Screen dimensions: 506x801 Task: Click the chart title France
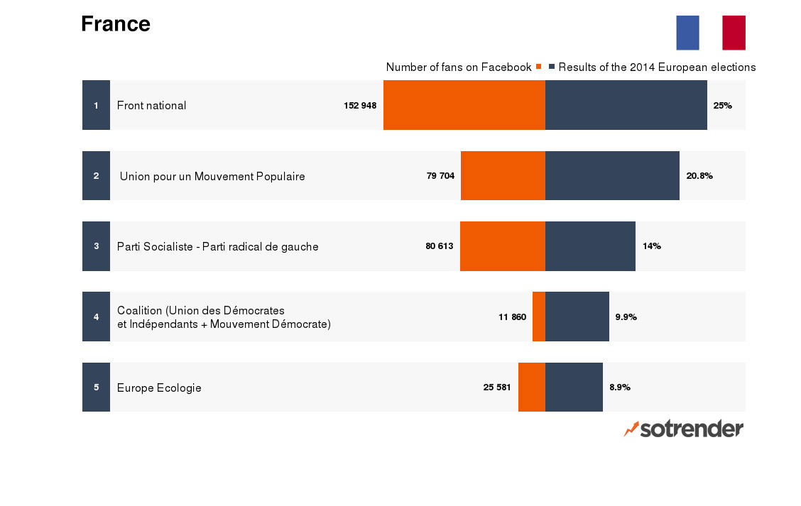pos(116,24)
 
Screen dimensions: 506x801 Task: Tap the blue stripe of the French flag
pos(687,33)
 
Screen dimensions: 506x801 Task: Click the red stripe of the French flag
pos(734,33)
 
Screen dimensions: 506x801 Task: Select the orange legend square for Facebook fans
pos(539,67)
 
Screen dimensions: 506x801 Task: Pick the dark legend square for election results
pos(552,67)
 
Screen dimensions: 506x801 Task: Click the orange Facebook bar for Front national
pos(464,105)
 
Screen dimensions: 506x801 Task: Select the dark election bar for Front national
pos(626,105)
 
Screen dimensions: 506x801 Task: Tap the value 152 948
pos(360,106)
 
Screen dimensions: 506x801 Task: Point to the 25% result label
pos(722,106)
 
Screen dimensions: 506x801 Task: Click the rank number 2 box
pos(96,175)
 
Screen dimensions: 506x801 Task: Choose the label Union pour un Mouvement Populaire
pos(212,176)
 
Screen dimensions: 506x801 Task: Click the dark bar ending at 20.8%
pos(612,175)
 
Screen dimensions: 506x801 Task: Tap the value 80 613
pos(440,246)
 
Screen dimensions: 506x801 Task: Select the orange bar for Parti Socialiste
pos(503,246)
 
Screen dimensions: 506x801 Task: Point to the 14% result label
pos(652,246)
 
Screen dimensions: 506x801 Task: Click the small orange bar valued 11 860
pos(539,317)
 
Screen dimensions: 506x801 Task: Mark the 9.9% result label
pos(626,317)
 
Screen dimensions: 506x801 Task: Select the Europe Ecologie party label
pos(159,387)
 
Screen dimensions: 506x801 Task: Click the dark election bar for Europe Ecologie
pos(574,387)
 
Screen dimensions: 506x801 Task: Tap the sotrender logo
pos(684,429)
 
